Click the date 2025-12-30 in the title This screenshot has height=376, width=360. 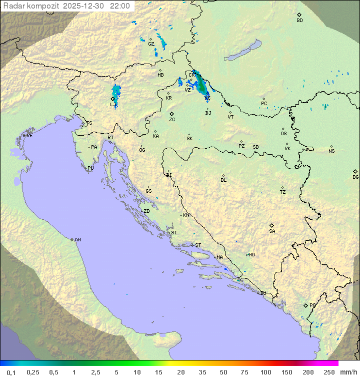[x=84, y=6]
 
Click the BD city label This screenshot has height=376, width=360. [x=299, y=21]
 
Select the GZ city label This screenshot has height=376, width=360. [x=151, y=44]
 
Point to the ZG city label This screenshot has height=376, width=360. [x=172, y=120]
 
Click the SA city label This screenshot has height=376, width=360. [x=272, y=231]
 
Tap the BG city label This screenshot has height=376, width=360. [x=355, y=177]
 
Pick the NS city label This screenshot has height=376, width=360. [x=331, y=151]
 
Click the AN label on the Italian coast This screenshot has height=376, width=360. [x=77, y=240]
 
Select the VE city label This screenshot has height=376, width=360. [x=29, y=136]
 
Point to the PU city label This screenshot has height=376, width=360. [x=90, y=168]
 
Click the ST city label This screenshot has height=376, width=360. [x=198, y=245]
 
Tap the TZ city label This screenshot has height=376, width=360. [x=283, y=192]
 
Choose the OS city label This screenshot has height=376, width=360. [x=283, y=134]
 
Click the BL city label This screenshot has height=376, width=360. [x=223, y=180]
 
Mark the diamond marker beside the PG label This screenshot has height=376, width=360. [x=305, y=305]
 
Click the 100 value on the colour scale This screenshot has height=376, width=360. [x=265, y=372]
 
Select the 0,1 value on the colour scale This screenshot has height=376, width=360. [x=11, y=372]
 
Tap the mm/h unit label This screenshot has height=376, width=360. [x=347, y=372]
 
